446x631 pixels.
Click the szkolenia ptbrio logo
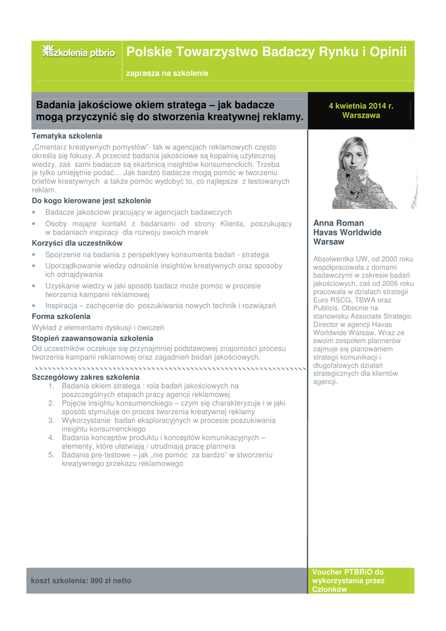[x=78, y=52]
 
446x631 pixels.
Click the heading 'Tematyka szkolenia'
[x=67, y=136]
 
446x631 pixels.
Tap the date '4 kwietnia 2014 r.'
[x=361, y=106]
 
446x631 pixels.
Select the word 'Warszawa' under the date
[x=361, y=115]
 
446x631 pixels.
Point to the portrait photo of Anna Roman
[x=361, y=173]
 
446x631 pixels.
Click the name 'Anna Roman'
[x=338, y=223]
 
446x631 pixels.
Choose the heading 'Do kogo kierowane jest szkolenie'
[x=91, y=201]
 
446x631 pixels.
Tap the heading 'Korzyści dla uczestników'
[x=77, y=243]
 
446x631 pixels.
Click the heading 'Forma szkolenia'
[x=61, y=316]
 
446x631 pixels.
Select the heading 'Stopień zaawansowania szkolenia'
[x=92, y=338]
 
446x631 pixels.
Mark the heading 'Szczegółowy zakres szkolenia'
[x=86, y=377]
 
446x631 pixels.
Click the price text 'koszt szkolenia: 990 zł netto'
[x=81, y=580]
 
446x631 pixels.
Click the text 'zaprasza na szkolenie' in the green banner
[x=167, y=73]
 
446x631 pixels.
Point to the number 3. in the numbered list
[x=52, y=420]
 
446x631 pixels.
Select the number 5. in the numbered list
[x=52, y=455]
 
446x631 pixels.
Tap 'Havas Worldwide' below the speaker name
[x=347, y=232]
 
